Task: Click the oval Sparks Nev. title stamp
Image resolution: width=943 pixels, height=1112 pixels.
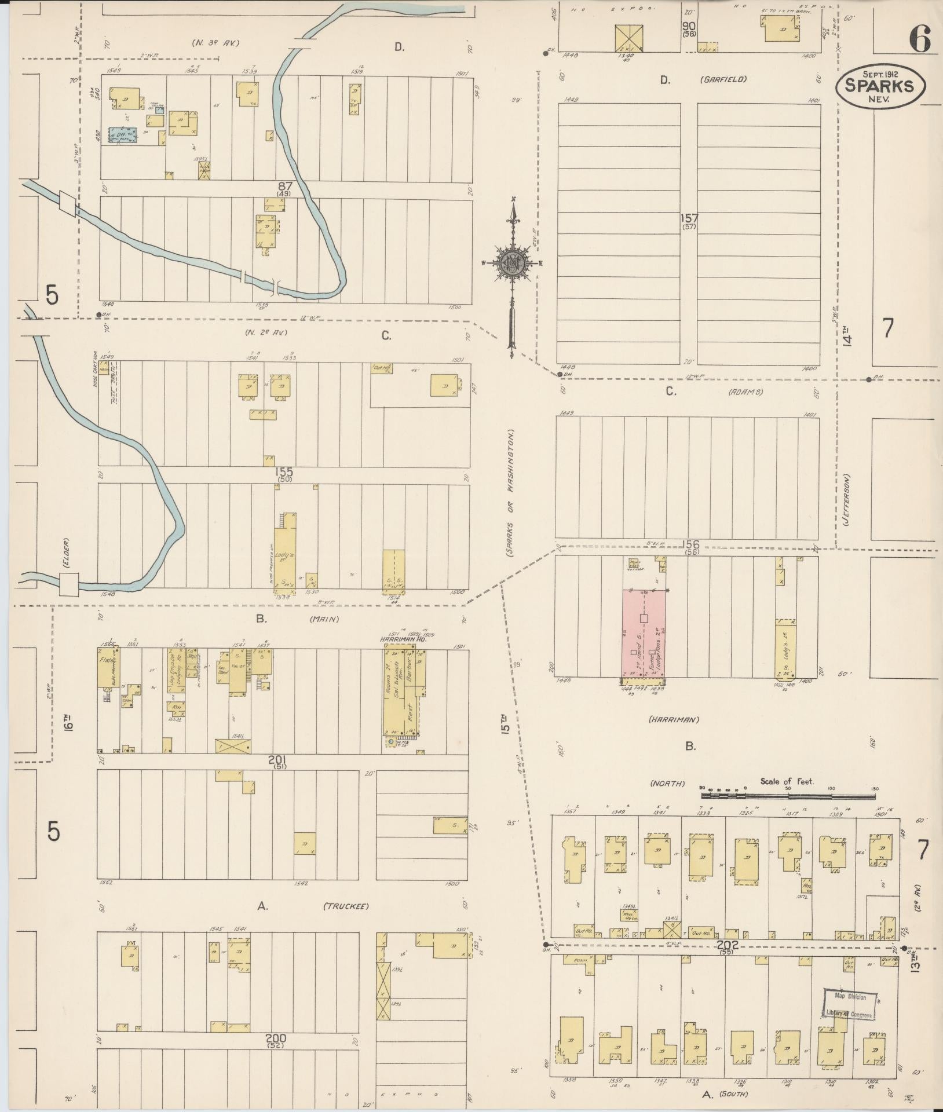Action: coord(880,85)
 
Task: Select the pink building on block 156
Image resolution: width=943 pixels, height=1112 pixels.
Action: coord(644,632)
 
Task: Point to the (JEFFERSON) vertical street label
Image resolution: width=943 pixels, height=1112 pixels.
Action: coord(846,500)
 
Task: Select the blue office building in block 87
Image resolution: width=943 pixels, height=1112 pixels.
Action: coord(122,136)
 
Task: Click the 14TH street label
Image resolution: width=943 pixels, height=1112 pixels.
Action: coord(848,335)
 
